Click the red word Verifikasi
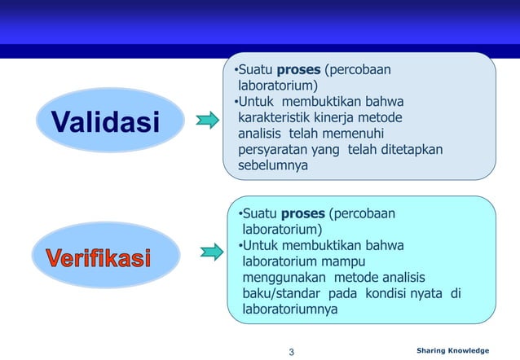point(98,259)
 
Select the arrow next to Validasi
point(208,121)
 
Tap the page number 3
point(292,352)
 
